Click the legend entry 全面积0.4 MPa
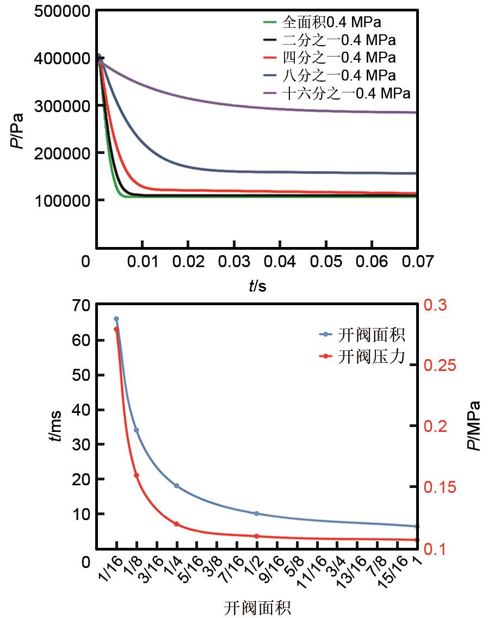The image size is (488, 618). pos(331,22)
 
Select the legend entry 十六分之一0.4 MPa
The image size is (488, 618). pos(346,93)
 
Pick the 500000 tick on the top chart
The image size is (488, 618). pos(61,11)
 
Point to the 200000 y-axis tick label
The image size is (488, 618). pos(61,153)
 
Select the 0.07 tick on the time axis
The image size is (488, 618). pos(418,262)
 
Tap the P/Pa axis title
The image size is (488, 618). pos(18,131)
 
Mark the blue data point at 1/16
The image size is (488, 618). pos(116,319)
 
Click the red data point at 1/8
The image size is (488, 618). pos(137,475)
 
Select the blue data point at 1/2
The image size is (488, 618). pos(256,514)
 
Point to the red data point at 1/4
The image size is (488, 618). pos(176,524)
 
